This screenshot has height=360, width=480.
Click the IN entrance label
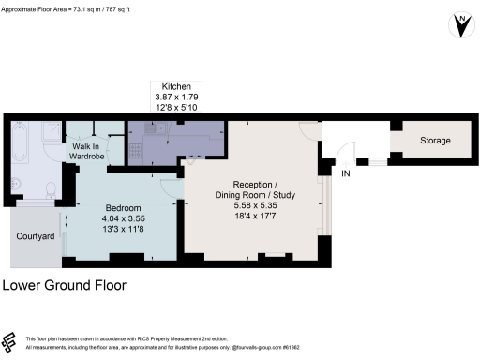[346, 174]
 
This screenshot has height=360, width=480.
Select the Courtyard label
[34, 235]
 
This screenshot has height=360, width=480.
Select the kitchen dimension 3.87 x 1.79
[176, 97]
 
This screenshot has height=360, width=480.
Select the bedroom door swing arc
[167, 188]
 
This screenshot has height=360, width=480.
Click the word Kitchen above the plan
[176, 84]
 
